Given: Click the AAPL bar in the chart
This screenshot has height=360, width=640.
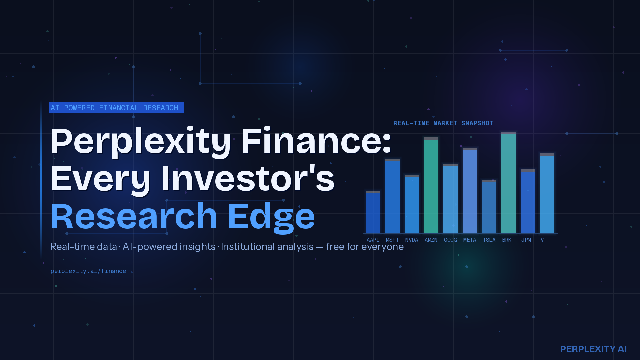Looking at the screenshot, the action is [373, 212].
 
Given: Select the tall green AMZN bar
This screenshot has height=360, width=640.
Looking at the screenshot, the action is [431, 185].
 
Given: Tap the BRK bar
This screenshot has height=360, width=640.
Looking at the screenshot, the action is [508, 183].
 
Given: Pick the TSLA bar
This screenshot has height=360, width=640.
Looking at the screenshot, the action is [489, 207].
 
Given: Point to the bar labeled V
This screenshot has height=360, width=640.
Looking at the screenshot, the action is [547, 193].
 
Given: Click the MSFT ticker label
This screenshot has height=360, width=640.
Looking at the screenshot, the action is [392, 240].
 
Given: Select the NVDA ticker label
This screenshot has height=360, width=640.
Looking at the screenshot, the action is [412, 240].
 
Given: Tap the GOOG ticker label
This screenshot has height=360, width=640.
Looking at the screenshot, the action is [450, 240].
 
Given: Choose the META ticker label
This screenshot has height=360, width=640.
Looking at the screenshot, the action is [470, 240].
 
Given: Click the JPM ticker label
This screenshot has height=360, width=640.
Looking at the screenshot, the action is [526, 240].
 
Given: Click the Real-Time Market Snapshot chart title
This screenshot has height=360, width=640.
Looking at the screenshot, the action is [443, 123].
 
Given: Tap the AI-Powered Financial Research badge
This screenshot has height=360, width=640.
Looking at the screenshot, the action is [116, 107].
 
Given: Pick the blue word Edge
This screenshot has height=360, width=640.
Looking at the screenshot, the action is [272, 217].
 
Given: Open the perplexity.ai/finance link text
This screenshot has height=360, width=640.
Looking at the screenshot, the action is [88, 271].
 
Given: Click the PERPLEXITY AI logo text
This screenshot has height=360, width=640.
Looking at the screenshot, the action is [593, 349].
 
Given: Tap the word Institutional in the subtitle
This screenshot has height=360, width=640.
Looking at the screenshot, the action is [267, 247].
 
